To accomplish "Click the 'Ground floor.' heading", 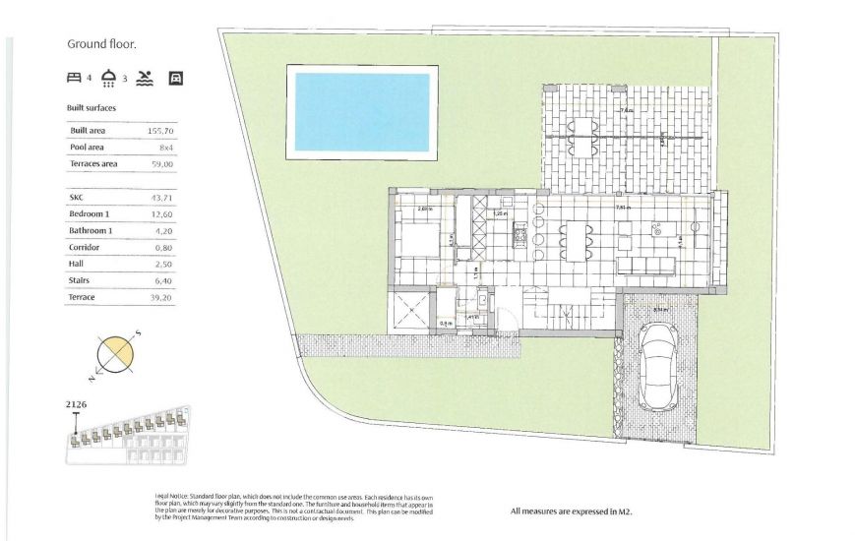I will coord(101,43).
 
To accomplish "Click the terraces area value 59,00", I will coord(161,164).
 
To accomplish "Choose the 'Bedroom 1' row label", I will coord(90,214).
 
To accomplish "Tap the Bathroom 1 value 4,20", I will coord(163,231).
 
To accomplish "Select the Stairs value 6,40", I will coord(163,279).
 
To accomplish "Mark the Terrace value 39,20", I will coord(162,296).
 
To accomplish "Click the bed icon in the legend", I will coord(74,77).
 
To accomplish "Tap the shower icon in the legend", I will coord(109,77).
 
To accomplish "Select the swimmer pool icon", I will coord(146,77).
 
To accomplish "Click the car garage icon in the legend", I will coord(176,77).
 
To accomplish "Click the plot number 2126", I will coord(76,404).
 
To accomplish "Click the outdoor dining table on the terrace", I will coord(583,137).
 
